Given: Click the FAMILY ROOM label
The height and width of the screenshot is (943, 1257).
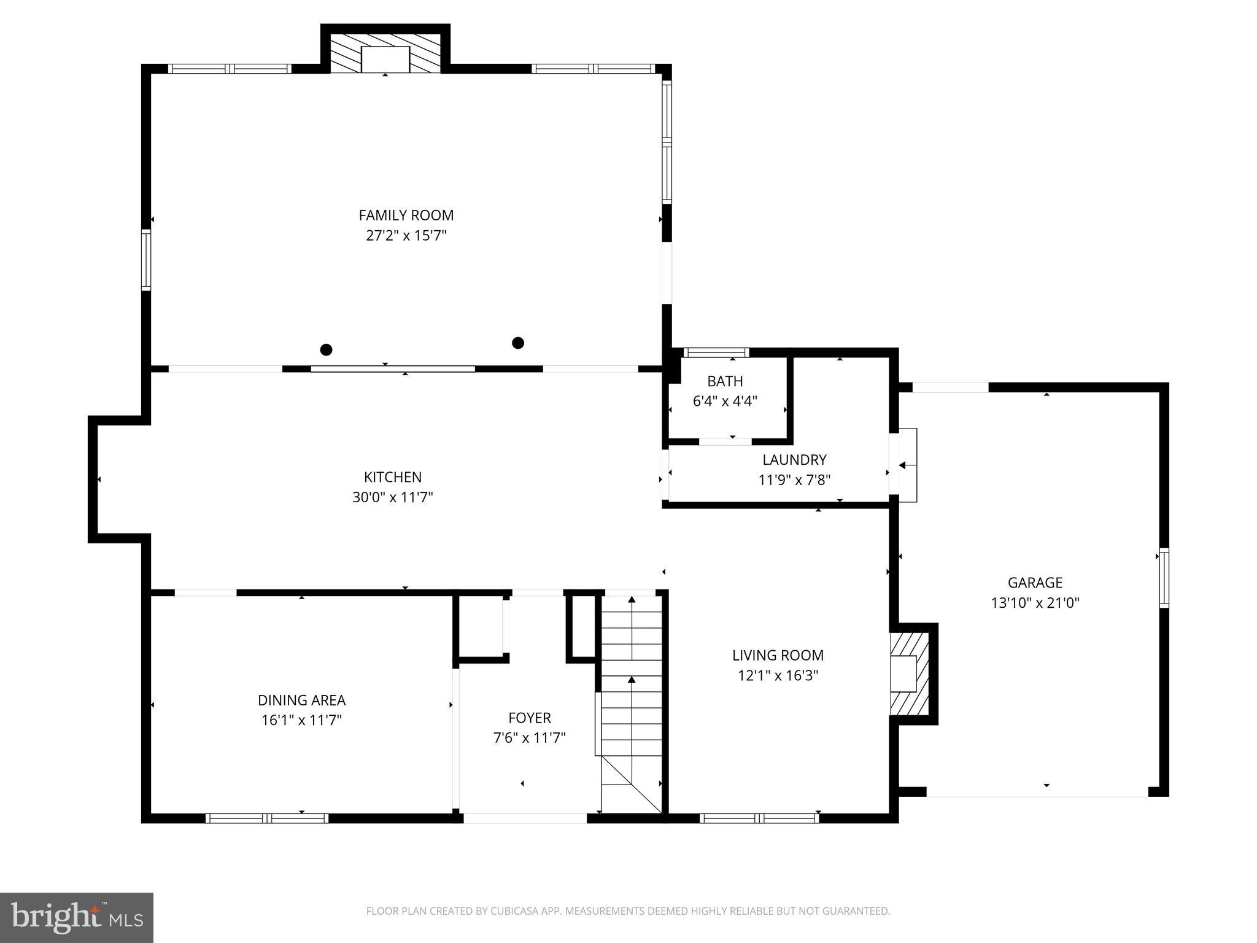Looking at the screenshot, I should point(406,215).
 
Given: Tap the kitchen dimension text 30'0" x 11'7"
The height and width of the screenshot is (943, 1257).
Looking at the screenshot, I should point(392,497).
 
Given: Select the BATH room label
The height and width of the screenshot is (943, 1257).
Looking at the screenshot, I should point(725,381).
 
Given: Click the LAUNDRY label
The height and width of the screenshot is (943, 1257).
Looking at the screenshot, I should point(794,460).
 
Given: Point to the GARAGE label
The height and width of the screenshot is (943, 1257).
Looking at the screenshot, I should point(1035,583).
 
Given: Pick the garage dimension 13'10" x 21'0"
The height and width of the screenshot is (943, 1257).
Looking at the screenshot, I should point(1035,603).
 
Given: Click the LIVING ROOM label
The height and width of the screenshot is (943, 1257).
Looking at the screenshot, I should point(778,655).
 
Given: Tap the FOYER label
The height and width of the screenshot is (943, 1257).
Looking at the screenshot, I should point(529,718).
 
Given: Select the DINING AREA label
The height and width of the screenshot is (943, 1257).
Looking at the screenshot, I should point(301,700).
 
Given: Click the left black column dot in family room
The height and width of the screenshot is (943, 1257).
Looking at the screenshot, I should point(327,350).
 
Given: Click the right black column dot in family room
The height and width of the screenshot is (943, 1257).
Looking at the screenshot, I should point(518,343).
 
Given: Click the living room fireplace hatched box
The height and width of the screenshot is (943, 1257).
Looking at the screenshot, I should point(909,674).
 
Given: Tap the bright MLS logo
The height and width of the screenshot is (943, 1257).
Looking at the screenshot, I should point(77,917).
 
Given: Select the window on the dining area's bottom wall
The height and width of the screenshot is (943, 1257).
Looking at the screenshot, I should point(266,818).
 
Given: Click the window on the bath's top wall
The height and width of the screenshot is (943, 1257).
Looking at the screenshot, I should point(716,352).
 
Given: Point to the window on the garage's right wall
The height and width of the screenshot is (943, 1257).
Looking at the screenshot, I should point(1163,577).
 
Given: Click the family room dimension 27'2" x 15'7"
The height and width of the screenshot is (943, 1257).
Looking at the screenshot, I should point(406,236).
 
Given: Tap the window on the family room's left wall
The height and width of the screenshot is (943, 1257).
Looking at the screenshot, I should point(146,260).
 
